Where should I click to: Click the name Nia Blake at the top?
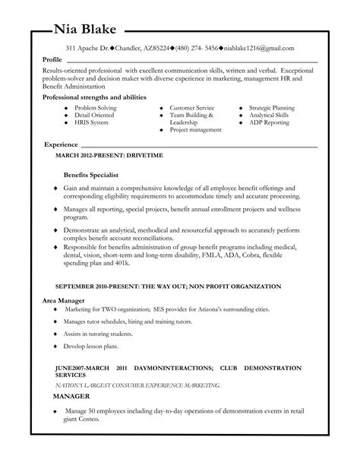coord(85,30)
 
